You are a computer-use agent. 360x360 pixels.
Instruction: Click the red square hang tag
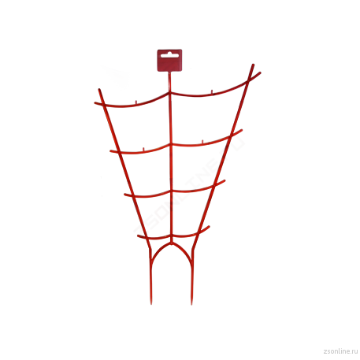point(169,60)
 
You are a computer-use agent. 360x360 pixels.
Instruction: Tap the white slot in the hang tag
point(169,55)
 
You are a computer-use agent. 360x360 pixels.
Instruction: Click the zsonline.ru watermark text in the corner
point(340,351)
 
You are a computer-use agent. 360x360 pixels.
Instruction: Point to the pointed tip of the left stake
point(151,304)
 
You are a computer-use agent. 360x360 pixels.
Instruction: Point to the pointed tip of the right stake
point(191,304)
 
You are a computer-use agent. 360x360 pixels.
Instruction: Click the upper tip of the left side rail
point(99,90)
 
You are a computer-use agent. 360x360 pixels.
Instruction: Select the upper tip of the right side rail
point(253,65)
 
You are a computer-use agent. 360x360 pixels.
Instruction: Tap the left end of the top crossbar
point(95,103)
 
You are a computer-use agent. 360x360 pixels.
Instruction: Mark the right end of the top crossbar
point(260,72)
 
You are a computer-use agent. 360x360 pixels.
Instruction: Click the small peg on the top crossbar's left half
point(136,102)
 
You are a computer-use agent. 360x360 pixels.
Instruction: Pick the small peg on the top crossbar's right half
point(212,91)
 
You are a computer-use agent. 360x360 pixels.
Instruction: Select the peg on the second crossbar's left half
point(143,149)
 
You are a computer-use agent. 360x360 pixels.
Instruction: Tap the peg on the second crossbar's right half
point(202,142)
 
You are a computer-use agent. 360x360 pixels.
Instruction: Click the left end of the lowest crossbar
point(139,236)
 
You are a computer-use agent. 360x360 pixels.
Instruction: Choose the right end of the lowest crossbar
point(209,227)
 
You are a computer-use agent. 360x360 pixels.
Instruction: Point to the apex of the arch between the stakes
point(171,243)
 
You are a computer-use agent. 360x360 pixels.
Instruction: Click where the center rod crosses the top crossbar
point(170,92)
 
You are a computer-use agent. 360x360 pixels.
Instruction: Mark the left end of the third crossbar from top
point(125,195)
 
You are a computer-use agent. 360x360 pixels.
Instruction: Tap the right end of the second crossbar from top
point(241,130)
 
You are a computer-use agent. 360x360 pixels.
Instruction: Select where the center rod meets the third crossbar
point(171,191)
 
